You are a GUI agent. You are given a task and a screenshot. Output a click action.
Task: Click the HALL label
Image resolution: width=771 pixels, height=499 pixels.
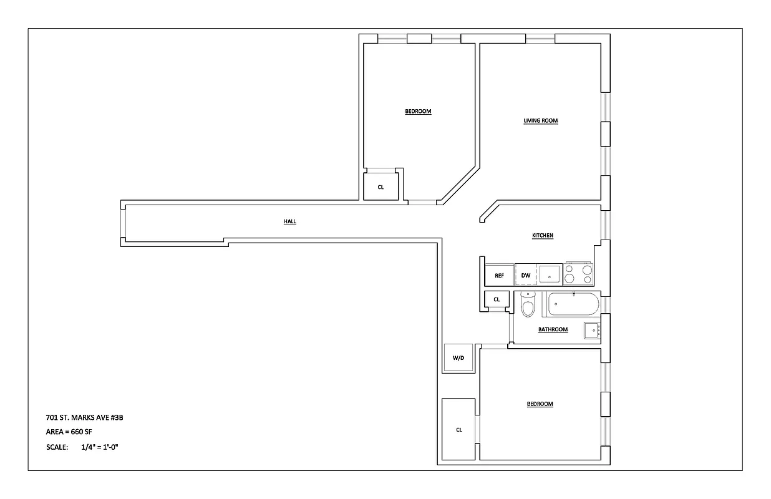(290, 221)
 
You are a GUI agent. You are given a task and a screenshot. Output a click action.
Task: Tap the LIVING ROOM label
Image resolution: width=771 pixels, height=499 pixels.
(540, 120)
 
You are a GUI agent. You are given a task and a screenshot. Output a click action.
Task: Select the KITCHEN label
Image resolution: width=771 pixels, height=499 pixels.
(542, 235)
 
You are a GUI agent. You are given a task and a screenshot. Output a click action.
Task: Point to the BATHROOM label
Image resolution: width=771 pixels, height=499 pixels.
(553, 329)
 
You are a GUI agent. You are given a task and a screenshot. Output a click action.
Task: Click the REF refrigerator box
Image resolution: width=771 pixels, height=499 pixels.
(499, 275)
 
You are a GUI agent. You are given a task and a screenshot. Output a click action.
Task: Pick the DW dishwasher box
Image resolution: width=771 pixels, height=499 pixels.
(526, 275)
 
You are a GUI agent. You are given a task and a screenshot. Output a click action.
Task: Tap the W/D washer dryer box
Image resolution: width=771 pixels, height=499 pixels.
(458, 358)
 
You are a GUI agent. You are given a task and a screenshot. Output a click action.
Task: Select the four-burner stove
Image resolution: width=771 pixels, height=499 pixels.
(578, 274)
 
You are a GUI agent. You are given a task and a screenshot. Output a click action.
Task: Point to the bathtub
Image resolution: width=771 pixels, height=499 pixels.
(573, 305)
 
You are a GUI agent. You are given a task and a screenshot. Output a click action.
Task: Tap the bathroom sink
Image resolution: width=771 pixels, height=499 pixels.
(591, 330)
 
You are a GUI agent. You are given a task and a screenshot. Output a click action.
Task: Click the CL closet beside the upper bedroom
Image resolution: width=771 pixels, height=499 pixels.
(381, 187)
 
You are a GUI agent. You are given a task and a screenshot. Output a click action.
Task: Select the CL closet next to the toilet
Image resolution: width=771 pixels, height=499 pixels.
(497, 299)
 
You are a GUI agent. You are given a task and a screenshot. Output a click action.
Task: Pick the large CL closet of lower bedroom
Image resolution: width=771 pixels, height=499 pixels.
(458, 429)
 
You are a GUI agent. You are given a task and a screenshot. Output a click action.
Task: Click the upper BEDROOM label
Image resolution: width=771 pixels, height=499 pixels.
(418, 112)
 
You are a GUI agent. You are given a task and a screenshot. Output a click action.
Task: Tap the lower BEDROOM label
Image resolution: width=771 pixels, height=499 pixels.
(540, 404)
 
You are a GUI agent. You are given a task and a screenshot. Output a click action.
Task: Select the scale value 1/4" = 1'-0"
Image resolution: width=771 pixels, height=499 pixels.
(100, 447)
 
